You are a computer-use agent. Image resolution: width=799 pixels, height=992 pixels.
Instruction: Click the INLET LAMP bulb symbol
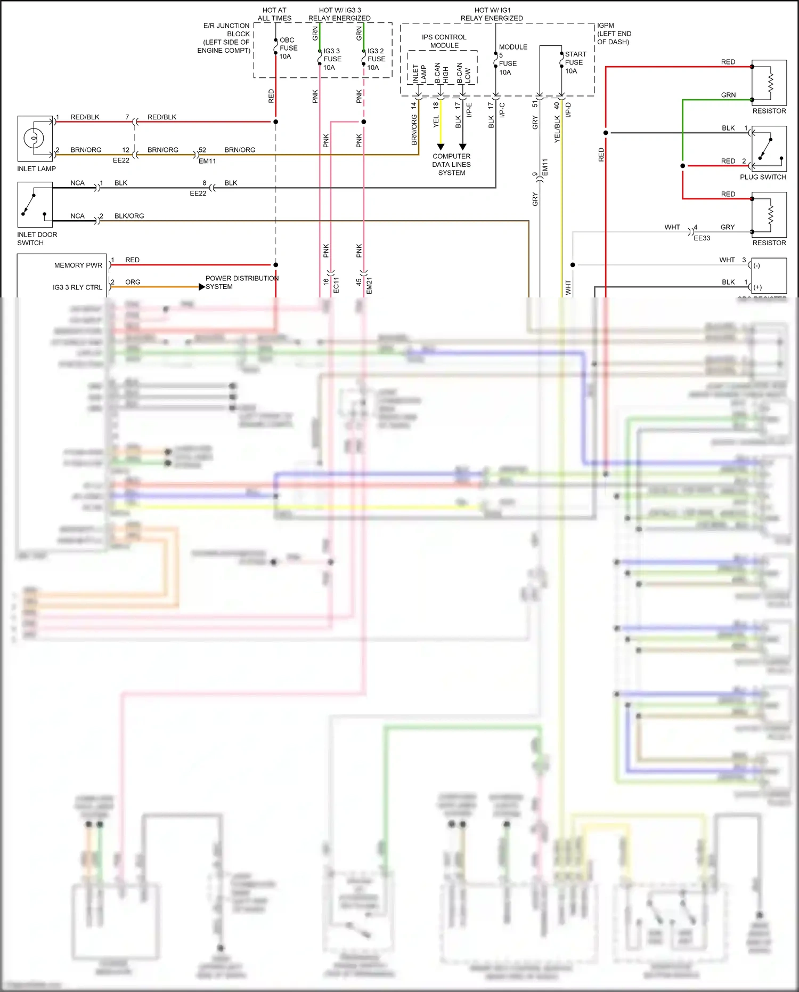coord(34,139)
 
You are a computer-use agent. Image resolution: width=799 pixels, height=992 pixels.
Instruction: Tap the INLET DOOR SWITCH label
coord(37,238)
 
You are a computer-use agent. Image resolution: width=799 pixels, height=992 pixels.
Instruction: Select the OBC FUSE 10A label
coord(288,48)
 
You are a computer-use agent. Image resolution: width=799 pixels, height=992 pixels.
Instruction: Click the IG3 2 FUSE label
coord(376,59)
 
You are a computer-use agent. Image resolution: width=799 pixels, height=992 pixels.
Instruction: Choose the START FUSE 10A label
coord(575,62)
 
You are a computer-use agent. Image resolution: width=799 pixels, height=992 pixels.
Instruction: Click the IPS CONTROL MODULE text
coord(444,41)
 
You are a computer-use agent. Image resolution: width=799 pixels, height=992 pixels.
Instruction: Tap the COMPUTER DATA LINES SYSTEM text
coord(451,164)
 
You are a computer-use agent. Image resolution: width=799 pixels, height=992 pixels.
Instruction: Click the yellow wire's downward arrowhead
coord(441,147)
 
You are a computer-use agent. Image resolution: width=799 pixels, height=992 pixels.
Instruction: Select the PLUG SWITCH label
coord(763,177)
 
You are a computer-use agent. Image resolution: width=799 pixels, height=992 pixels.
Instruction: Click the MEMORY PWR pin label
coord(78,265)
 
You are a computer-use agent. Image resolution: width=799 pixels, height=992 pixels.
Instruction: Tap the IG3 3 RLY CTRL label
coord(77,287)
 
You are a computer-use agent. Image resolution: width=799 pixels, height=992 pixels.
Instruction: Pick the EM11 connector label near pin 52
coord(207,161)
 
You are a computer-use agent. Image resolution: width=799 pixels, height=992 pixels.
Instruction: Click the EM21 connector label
coord(369,285)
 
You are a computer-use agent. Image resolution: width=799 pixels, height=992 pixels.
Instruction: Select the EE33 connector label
coord(702,238)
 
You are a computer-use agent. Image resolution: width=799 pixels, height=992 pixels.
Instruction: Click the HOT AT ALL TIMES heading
coord(274,14)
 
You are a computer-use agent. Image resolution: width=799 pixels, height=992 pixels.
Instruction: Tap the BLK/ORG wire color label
coord(129,216)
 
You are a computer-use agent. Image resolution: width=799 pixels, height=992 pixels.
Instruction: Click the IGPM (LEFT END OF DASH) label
coord(614,34)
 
